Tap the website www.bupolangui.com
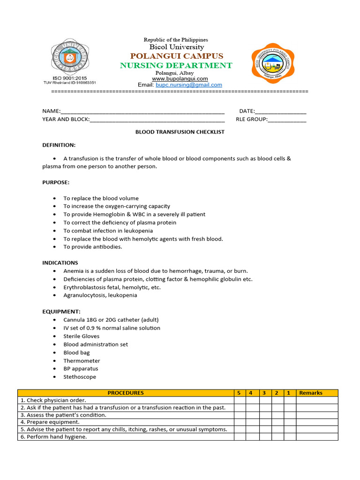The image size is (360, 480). [x=180, y=79]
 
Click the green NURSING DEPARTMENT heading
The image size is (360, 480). [x=176, y=65]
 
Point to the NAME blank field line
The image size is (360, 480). [x=142, y=112]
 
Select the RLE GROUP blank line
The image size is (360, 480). [x=287, y=120]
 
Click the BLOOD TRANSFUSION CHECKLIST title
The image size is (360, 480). [x=180, y=132]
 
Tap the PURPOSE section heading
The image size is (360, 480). [x=56, y=182]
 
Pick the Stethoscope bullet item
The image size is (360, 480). [x=80, y=377]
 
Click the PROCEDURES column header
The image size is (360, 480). [x=126, y=393]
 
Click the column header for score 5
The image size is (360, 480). [x=239, y=393]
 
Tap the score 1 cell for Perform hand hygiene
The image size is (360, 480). [x=290, y=437]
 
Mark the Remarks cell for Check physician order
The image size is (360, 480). [x=317, y=400]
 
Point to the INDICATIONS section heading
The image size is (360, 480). [x=60, y=263]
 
